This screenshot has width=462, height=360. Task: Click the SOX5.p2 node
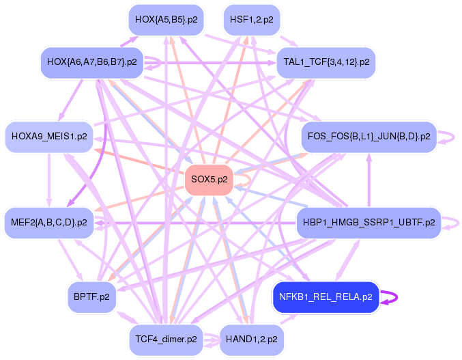210,180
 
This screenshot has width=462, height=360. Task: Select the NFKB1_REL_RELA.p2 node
326,297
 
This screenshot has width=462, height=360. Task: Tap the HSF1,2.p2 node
252,20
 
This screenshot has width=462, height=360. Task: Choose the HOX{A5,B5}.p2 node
167,20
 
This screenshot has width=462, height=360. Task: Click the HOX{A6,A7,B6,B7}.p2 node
92,62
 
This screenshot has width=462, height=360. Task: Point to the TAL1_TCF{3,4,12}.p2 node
326,62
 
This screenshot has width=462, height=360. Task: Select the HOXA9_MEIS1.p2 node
49,137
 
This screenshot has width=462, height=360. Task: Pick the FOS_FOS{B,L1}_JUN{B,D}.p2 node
369,137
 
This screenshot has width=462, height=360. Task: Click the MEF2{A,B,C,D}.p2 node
49,222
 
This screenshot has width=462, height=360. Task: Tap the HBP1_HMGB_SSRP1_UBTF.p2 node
369,222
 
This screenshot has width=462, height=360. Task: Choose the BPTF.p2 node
91,297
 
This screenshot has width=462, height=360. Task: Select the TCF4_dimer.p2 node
167,340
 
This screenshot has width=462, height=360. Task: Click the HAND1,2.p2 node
252,340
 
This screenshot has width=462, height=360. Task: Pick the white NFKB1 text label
293,297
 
